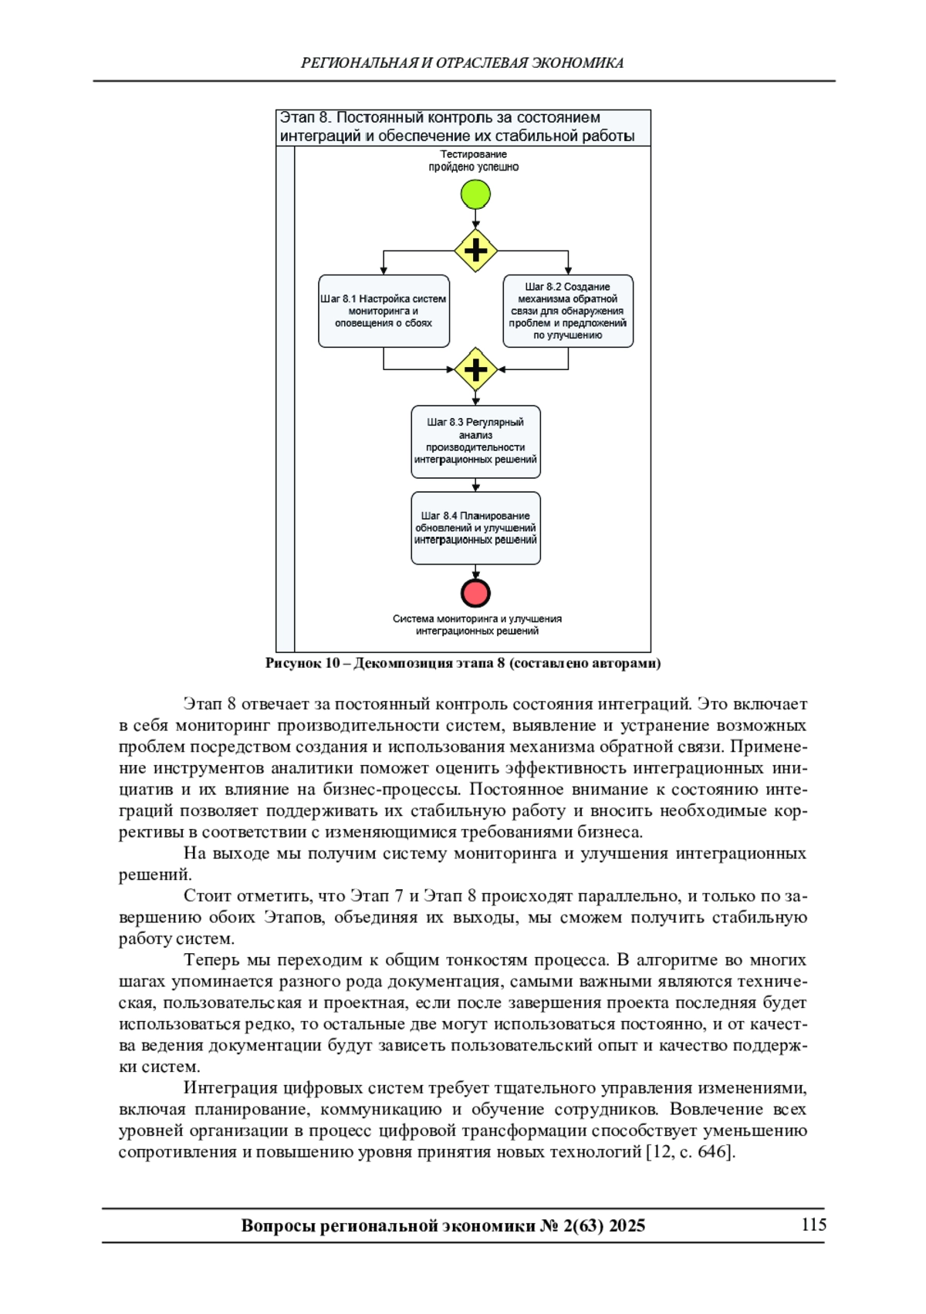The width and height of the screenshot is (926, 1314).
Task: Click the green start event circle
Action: (475, 194)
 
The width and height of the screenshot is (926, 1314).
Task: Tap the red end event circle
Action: (475, 593)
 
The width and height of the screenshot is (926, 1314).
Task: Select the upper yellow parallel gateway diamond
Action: (475, 251)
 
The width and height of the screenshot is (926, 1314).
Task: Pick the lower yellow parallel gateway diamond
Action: (475, 369)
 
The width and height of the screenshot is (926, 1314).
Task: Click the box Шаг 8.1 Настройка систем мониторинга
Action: (384, 311)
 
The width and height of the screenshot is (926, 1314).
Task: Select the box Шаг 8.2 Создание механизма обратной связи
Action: (568, 311)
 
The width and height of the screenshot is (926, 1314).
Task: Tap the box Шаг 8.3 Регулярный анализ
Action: (475, 441)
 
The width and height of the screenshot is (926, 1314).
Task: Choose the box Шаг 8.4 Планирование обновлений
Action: (475, 528)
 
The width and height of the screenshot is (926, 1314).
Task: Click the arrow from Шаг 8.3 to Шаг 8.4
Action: (475, 485)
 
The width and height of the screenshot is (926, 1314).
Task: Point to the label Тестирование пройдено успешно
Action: (474, 160)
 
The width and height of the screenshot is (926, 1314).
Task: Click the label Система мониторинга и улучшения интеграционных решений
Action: (477, 625)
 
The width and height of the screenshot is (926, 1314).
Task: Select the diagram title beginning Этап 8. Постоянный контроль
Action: (457, 127)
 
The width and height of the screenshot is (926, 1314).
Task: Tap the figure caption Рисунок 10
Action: (463, 663)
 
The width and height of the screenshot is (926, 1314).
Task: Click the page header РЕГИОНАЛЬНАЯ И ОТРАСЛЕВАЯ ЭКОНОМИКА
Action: (462, 63)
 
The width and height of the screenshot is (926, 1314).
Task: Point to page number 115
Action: (813, 1225)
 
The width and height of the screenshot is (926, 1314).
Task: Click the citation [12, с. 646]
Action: (690, 1152)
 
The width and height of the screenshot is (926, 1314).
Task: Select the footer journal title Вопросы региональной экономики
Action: (443, 1225)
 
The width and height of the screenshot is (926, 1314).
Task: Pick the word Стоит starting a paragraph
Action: (207, 896)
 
